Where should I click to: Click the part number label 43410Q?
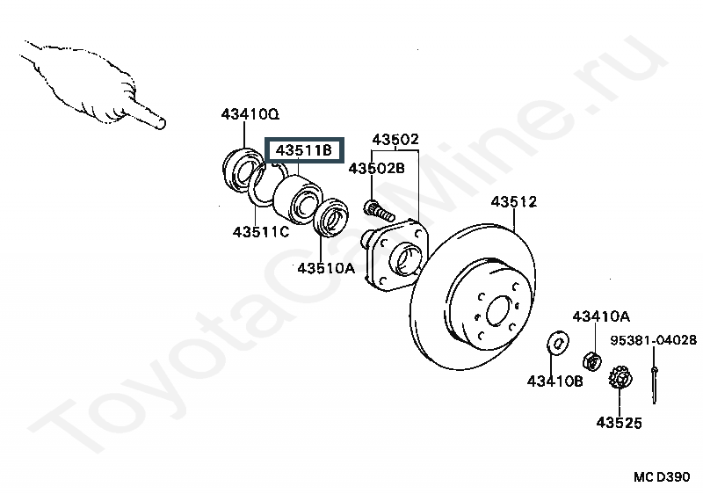[250, 114]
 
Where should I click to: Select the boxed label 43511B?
[304, 149]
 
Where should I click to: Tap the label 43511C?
[261, 232]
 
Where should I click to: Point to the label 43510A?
[326, 268]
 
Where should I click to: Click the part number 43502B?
[377, 168]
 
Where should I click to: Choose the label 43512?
[514, 201]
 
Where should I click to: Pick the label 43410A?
[601, 316]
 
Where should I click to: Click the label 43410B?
[555, 381]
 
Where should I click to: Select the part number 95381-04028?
[654, 340]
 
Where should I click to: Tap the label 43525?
[620, 422]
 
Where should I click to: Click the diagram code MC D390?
[662, 476]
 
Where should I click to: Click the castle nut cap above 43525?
[620, 378]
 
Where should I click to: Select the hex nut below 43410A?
[591, 360]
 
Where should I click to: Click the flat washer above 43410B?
[558, 344]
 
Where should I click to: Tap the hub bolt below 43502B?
[380, 211]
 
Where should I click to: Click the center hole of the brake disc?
[498, 310]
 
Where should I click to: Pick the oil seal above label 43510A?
[331, 217]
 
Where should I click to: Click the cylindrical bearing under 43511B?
[297, 200]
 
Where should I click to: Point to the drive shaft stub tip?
[162, 123]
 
